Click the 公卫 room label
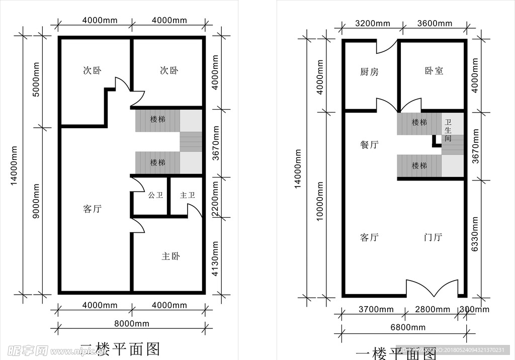point(155,195)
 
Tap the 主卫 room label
point(187,195)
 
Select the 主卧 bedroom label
point(170,256)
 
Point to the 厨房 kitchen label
point(369,72)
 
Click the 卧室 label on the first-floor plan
point(434,71)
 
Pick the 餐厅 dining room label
point(369,145)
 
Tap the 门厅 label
point(433,237)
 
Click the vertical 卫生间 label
point(448,130)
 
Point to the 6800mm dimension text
point(407,327)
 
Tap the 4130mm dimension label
point(215,259)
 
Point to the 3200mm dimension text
point(373,23)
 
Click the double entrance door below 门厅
point(432,289)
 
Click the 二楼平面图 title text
point(121,349)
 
